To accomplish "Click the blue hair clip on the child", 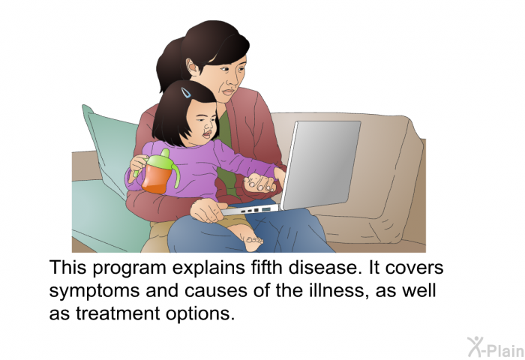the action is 186,92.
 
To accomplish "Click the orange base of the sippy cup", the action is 156,180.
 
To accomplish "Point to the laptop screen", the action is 322,165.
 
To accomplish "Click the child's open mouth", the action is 207,134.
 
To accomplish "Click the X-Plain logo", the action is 496,347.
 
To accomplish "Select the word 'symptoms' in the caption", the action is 94,291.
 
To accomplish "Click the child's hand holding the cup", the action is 137,163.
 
